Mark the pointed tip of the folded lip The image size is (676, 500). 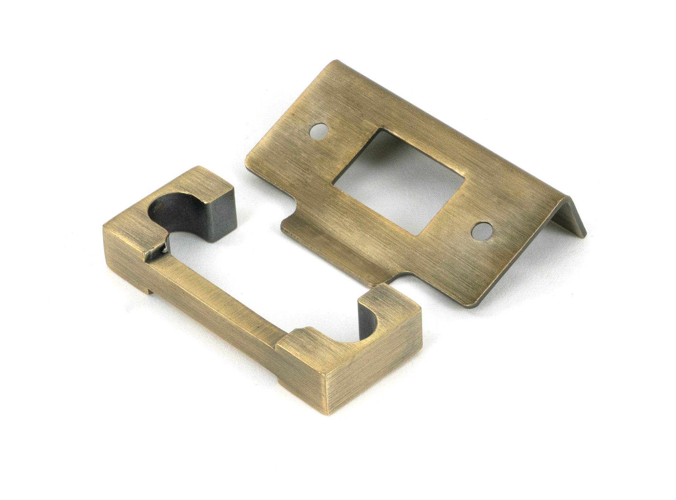point(585,233)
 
